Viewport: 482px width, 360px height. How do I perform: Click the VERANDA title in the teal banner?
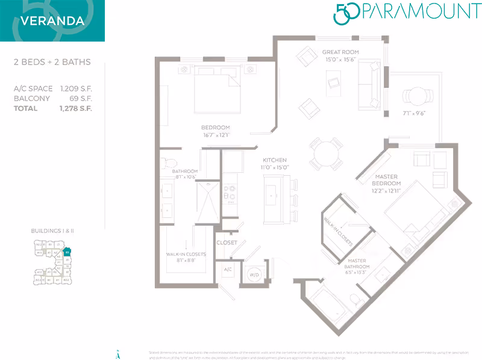[x=52, y=20]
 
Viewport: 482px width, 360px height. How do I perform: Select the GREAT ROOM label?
[x=340, y=52]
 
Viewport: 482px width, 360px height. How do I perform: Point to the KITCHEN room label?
[x=274, y=160]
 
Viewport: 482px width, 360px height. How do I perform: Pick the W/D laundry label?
[x=254, y=275]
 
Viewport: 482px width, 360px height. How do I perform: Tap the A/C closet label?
[x=228, y=270]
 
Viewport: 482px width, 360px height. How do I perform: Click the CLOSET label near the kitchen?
[x=227, y=243]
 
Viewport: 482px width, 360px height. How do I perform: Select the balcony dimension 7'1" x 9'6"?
[x=413, y=114]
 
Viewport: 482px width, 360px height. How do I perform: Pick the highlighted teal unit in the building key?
[x=67, y=252]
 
